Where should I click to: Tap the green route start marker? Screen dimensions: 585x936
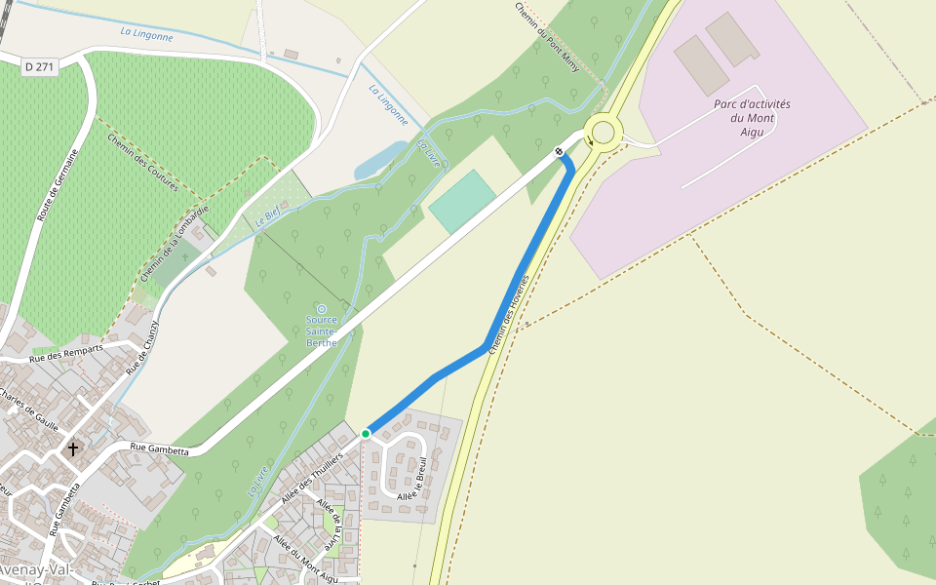(366, 433)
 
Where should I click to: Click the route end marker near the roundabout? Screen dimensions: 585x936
(559, 151)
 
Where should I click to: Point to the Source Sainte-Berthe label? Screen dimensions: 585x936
(322, 331)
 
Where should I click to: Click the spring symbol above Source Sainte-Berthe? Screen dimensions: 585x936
(322, 309)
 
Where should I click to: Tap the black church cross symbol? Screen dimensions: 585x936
(72, 449)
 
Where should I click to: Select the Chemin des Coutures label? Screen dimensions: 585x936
(142, 162)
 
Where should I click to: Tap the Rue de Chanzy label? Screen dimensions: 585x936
(141, 345)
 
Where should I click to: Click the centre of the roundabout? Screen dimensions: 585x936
(603, 132)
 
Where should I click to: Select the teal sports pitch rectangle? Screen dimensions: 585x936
(462, 201)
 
